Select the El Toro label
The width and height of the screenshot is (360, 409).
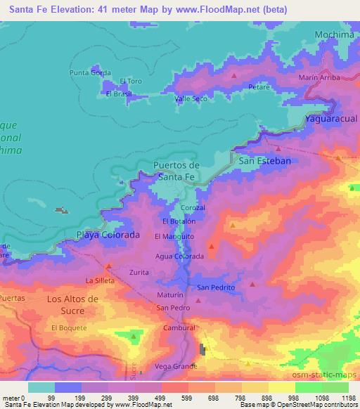pyautogui.click(x=131, y=82)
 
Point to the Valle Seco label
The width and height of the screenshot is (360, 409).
pyautogui.click(x=191, y=98)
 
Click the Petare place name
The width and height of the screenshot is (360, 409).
pyautogui.click(x=259, y=86)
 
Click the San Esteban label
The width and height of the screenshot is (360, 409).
pyautogui.click(x=265, y=161)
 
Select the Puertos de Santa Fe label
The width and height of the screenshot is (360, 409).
pyautogui.click(x=176, y=171)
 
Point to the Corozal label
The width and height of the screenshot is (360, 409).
pyautogui.click(x=193, y=208)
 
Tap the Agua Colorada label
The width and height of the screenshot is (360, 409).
pyautogui.click(x=179, y=257)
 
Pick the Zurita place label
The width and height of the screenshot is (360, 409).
pyautogui.click(x=138, y=270)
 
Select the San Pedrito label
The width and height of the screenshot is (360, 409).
pyautogui.click(x=215, y=287)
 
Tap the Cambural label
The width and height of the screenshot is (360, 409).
pyautogui.click(x=178, y=328)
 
